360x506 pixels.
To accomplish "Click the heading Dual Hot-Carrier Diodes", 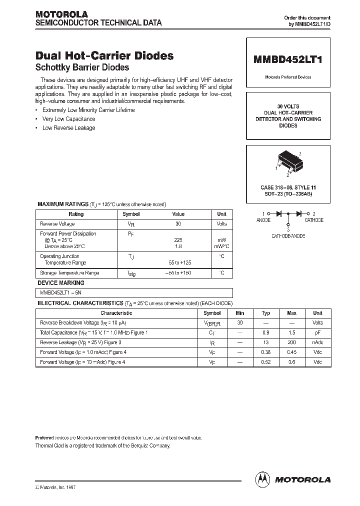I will pos(104,56).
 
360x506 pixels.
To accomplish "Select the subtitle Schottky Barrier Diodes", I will pos(82,67).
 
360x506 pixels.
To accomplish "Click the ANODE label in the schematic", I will pos(263,220).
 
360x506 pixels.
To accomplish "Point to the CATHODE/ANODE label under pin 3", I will pos(288,235).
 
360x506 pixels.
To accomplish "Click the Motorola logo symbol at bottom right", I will pos(262,479).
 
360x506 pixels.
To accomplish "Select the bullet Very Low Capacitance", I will pos(68,119).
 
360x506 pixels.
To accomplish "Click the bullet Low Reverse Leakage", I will pos(68,128).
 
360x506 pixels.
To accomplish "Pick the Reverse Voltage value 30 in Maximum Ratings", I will pos(178,224).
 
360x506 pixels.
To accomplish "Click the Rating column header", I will pos(76,214).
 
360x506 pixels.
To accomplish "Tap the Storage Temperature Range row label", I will pos(69,273).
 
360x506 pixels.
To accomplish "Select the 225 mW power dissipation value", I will pos(178,240).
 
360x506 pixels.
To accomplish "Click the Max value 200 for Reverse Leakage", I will pos(291,342).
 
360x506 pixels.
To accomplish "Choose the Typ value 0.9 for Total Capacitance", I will pos(266,332).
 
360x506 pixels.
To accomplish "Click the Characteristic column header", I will pos(116,313).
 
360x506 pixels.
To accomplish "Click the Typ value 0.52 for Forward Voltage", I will pos(266,362).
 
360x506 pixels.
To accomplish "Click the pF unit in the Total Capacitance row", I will pos(317,332).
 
